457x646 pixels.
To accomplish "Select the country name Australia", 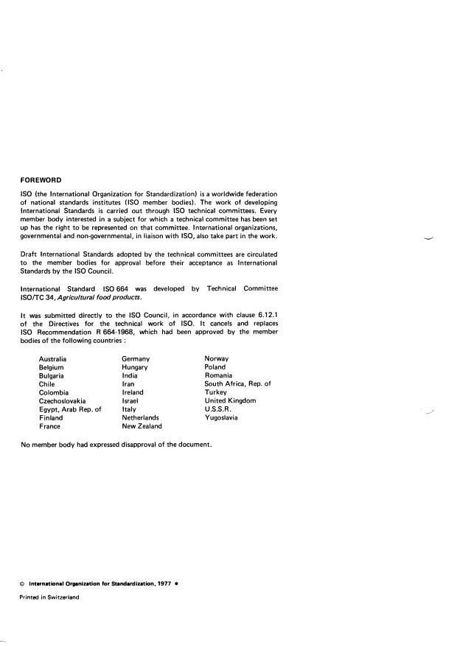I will click(53, 358).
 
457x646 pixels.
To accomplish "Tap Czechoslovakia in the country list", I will click(62, 400).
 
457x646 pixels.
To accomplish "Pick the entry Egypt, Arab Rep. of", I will click(69, 409).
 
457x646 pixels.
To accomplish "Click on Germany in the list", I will click(140, 358).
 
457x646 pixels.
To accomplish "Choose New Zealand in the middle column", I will click(142, 426).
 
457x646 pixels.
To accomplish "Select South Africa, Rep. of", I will click(237, 383).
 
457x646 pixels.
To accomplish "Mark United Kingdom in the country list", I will click(230, 400).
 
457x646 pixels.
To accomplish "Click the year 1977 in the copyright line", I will click(164, 583).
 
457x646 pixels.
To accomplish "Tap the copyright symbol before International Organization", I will click(22, 584).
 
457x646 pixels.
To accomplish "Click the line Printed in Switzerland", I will click(49, 597).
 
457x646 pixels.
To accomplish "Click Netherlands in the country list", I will click(142, 417).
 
